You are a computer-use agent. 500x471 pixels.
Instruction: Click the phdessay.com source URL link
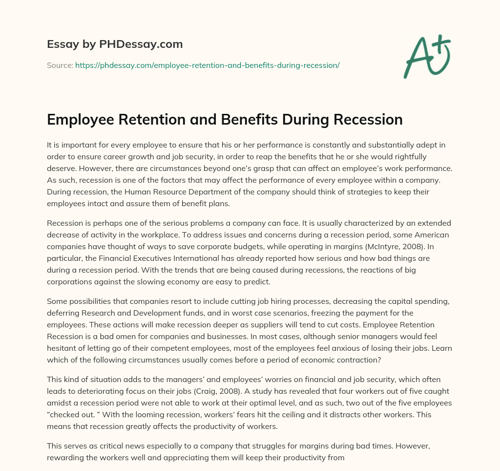tap(207, 65)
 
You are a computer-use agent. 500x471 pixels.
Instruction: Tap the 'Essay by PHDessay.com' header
tap(115, 44)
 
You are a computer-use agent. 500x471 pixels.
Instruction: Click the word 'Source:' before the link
tap(60, 65)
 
